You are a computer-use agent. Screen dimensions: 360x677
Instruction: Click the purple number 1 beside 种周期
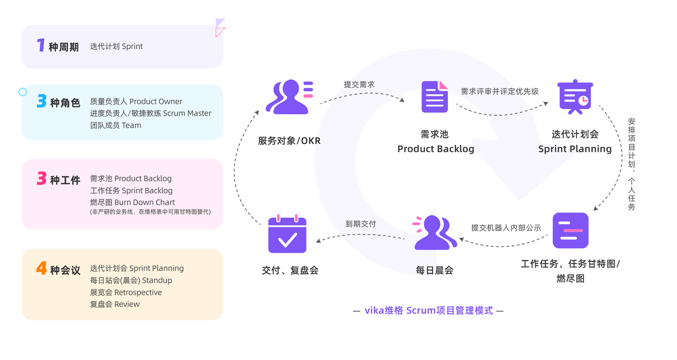coord(41,46)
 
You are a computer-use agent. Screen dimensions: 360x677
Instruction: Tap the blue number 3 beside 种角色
coord(42,101)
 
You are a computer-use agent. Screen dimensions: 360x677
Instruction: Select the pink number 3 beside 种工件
coord(42,179)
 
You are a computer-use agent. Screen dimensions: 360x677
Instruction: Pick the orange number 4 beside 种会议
coord(41,269)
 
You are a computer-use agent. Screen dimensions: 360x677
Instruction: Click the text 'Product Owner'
coord(155,101)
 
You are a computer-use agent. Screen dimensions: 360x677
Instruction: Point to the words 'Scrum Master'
coord(187,113)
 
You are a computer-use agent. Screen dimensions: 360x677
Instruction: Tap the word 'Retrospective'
coord(138,292)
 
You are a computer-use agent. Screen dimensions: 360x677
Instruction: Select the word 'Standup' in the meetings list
coord(157,280)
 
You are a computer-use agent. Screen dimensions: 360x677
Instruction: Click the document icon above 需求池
coord(435,97)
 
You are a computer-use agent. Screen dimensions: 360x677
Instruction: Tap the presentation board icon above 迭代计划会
coord(575,97)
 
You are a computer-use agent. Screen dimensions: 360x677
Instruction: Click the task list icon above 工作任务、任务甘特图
coord(570,230)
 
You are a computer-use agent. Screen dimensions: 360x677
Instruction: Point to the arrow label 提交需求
coord(359,85)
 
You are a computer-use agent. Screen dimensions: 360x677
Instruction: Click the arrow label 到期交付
coord(361,224)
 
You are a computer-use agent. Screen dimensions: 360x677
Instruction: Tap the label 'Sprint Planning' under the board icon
coord(575,149)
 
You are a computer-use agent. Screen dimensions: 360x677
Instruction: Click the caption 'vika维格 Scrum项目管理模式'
coord(428,310)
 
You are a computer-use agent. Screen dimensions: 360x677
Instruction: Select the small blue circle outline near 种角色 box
coord(23,92)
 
